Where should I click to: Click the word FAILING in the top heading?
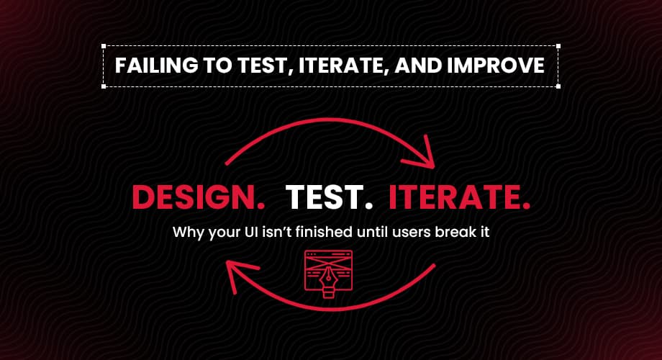[x=156, y=66]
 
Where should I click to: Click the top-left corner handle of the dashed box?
[x=104, y=45]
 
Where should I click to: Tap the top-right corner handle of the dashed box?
[x=558, y=45]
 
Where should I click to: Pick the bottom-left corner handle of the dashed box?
[x=104, y=86]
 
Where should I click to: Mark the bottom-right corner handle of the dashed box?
[x=558, y=86]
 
